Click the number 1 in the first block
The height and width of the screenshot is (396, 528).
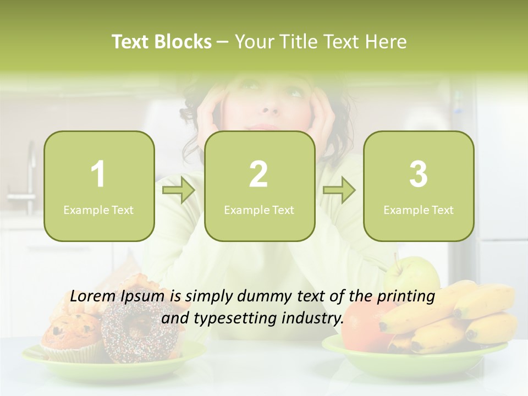point(98,174)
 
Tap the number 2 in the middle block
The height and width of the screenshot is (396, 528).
point(258,174)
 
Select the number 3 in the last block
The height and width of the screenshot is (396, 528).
point(418,174)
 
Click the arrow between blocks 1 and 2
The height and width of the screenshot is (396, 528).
point(179,191)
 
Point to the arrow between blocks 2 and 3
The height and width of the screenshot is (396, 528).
point(339,191)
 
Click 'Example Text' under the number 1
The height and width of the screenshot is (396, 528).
point(98,210)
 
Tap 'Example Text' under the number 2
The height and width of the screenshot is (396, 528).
point(259,210)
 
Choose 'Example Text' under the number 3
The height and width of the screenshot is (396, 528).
point(419,210)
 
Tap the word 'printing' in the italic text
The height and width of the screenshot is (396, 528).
point(406,296)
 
